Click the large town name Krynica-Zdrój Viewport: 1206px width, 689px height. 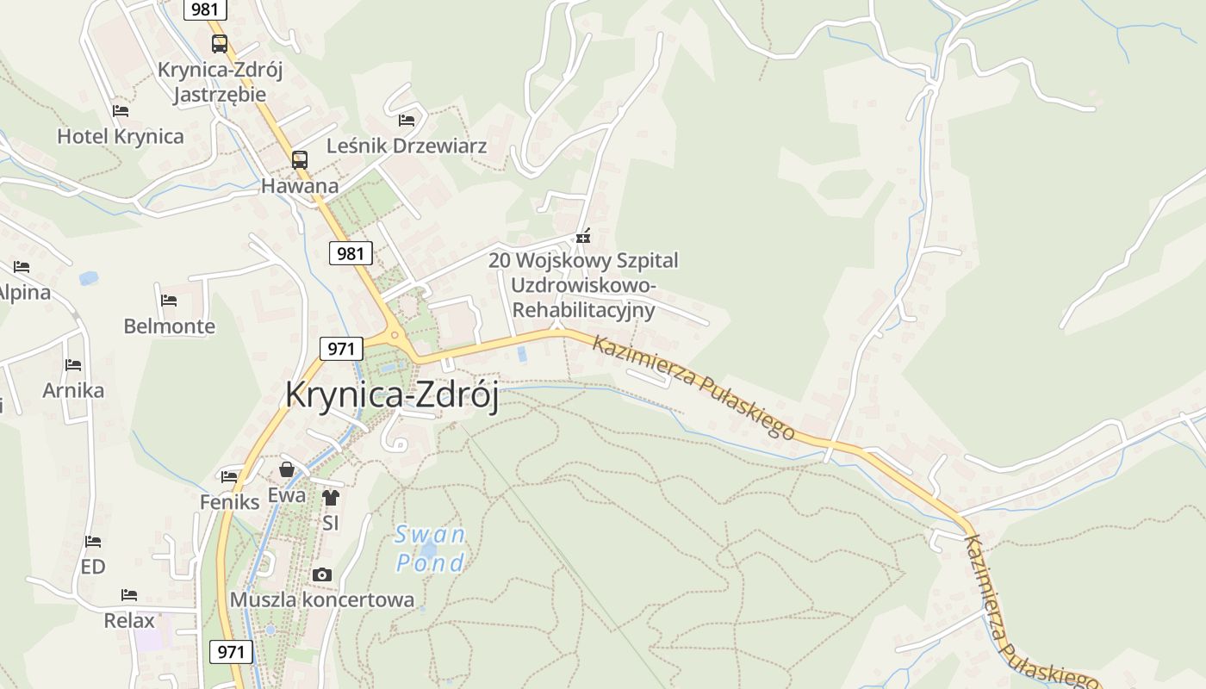[x=392, y=394]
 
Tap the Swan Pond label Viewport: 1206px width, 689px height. [x=430, y=549]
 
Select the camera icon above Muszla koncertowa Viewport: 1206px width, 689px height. [x=322, y=574]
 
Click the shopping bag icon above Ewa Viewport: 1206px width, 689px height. [x=287, y=469]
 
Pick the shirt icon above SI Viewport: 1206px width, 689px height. [x=331, y=497]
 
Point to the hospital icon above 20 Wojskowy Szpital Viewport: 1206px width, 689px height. [x=583, y=235]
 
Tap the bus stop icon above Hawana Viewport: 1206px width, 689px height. [x=299, y=159]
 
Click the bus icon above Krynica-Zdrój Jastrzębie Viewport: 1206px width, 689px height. [x=220, y=43]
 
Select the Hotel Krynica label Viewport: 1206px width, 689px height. [x=121, y=136]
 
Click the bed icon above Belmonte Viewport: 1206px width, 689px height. [x=169, y=301]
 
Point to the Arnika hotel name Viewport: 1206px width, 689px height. [x=73, y=390]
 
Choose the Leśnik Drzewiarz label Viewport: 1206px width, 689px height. [x=407, y=146]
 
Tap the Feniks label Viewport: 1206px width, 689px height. [x=229, y=501]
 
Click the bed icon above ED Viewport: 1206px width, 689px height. [x=93, y=542]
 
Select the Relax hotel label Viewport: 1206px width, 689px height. [x=129, y=620]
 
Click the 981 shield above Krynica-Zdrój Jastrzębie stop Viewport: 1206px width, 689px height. [x=205, y=9]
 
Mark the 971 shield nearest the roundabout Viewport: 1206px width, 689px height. [x=341, y=349]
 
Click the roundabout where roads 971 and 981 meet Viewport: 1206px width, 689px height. [x=395, y=335]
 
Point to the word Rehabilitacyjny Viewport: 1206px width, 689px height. [x=583, y=309]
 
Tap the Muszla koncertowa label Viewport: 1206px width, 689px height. [x=322, y=599]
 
